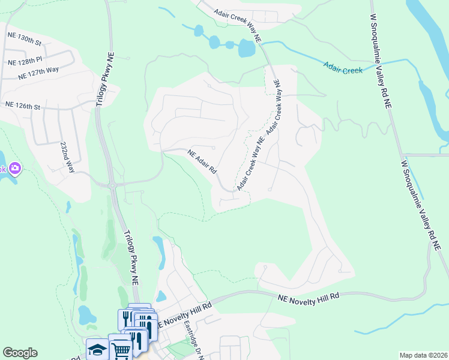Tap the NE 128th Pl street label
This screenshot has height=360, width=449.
tap(24, 62)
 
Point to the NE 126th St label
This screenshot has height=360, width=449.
tap(22, 106)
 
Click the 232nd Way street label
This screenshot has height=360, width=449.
tap(67, 157)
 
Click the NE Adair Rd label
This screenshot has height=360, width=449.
tap(202, 161)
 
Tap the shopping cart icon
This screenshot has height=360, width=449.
tap(121, 348)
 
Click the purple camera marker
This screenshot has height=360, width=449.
tap(14, 169)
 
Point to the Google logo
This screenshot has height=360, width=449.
tap(20, 353)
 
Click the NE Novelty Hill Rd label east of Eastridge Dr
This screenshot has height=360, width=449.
tap(309, 297)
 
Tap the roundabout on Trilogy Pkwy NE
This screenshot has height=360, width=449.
tap(112, 185)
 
